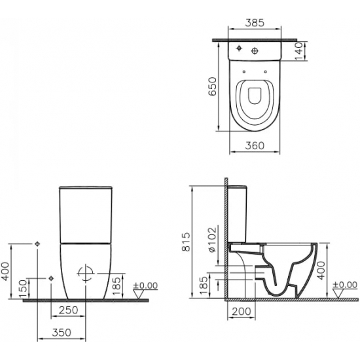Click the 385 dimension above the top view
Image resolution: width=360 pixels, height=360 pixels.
[x=255, y=23]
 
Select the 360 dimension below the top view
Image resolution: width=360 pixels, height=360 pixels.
[x=255, y=145]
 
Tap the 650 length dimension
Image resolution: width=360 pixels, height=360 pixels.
[x=212, y=86]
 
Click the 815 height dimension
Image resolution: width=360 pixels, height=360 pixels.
[x=186, y=242]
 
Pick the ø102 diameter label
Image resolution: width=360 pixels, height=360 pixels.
[x=212, y=240]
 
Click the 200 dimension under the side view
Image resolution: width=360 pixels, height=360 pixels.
[x=242, y=312]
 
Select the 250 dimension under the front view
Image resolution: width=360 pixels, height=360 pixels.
[x=69, y=310]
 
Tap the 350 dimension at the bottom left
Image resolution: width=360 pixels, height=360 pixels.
[x=62, y=333]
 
